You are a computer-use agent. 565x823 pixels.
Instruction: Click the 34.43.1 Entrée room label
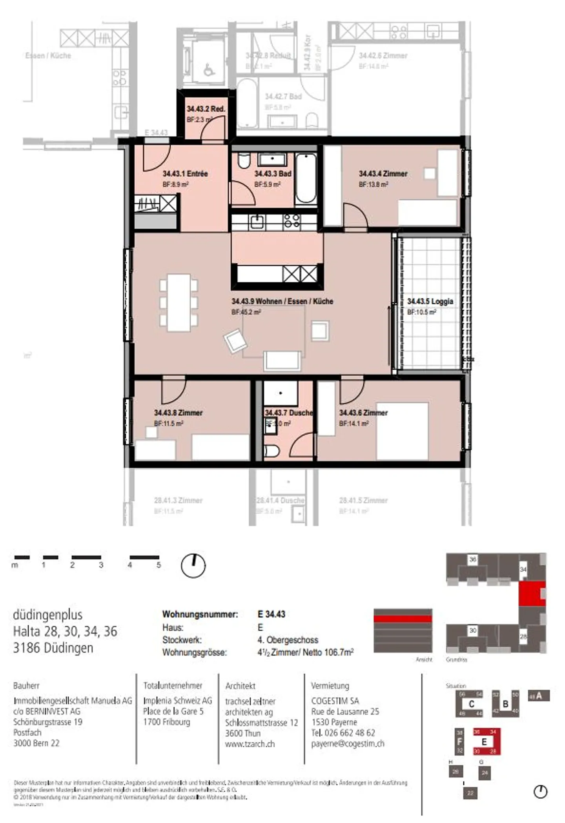pos(185,173)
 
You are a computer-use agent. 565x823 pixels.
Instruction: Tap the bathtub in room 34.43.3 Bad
pos(306,179)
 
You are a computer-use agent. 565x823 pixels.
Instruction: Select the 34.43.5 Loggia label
pos(430,301)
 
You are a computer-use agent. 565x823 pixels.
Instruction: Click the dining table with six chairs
pos(179,302)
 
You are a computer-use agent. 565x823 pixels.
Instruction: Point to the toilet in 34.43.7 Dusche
pos(271,451)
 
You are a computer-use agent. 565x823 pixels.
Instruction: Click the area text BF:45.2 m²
pos(246,312)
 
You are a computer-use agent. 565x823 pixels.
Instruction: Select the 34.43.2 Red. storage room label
pos(206,109)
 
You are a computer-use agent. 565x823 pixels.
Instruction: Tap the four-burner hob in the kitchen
pos(292,222)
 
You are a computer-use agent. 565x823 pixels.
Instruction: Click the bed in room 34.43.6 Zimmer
pos(402,431)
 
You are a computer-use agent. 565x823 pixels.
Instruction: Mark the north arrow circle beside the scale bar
pos(193,566)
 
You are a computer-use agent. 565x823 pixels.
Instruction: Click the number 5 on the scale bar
pos(159,565)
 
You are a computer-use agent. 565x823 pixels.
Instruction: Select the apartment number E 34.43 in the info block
pos(271,614)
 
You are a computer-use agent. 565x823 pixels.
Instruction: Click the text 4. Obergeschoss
pos(288,640)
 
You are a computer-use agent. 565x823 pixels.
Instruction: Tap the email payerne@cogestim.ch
pos(347,743)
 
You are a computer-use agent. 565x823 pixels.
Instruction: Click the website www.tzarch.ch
pos(250,744)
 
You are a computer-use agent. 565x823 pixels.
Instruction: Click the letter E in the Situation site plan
pos(484,742)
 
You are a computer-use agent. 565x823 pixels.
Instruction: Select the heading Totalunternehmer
pos(173,685)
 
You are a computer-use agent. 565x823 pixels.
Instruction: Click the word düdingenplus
pos(47,614)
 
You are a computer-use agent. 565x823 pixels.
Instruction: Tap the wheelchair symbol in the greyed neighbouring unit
pos(209,70)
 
